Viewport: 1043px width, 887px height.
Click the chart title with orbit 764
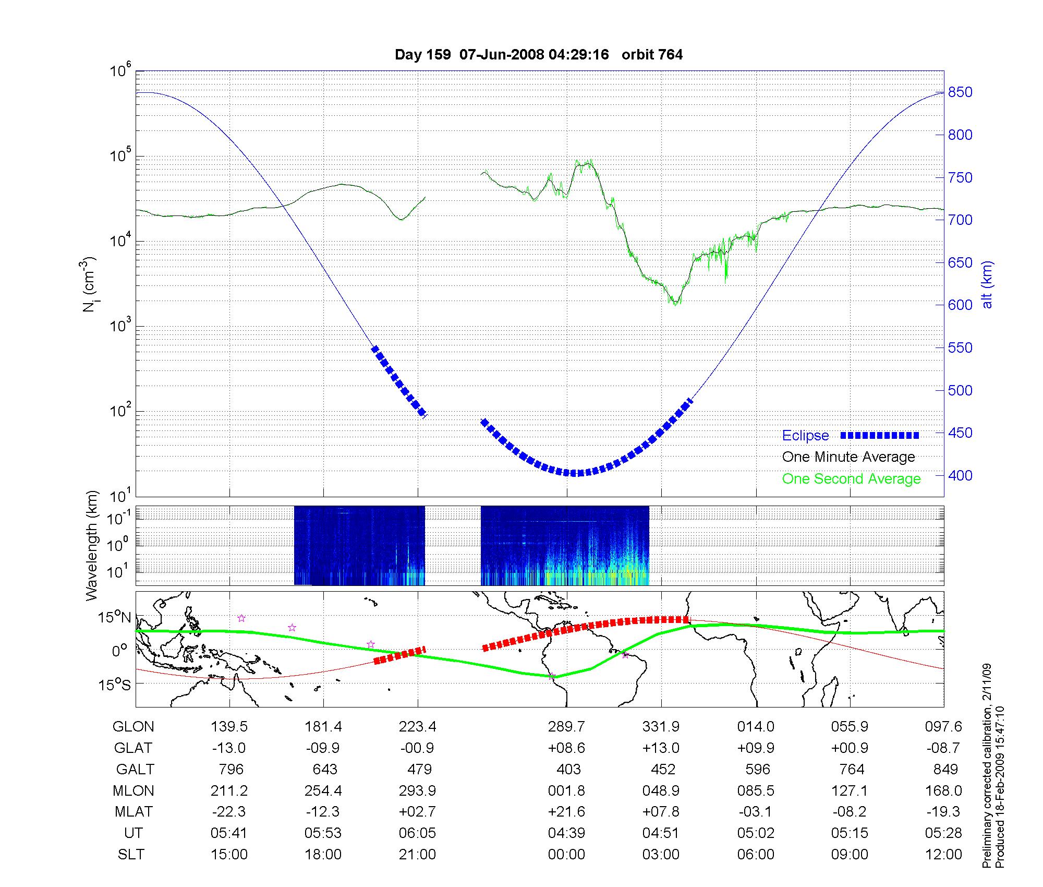point(539,55)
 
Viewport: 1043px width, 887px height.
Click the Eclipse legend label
point(805,436)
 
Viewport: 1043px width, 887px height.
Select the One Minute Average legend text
point(848,457)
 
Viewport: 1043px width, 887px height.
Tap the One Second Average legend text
point(851,479)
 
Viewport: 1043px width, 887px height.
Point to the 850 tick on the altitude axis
point(960,92)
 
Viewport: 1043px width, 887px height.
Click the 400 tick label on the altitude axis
point(960,475)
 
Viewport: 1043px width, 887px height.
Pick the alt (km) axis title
point(987,284)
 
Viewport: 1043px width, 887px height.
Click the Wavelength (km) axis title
point(92,546)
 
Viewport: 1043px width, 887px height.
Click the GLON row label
point(134,727)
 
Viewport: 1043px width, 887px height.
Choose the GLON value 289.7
point(566,727)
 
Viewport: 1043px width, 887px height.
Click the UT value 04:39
point(566,833)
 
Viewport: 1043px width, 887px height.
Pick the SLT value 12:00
point(943,855)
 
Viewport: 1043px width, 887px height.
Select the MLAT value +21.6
point(566,812)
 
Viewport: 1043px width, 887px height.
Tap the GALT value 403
point(568,770)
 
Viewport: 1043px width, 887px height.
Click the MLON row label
point(134,791)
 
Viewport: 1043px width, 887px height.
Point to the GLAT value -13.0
point(229,748)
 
